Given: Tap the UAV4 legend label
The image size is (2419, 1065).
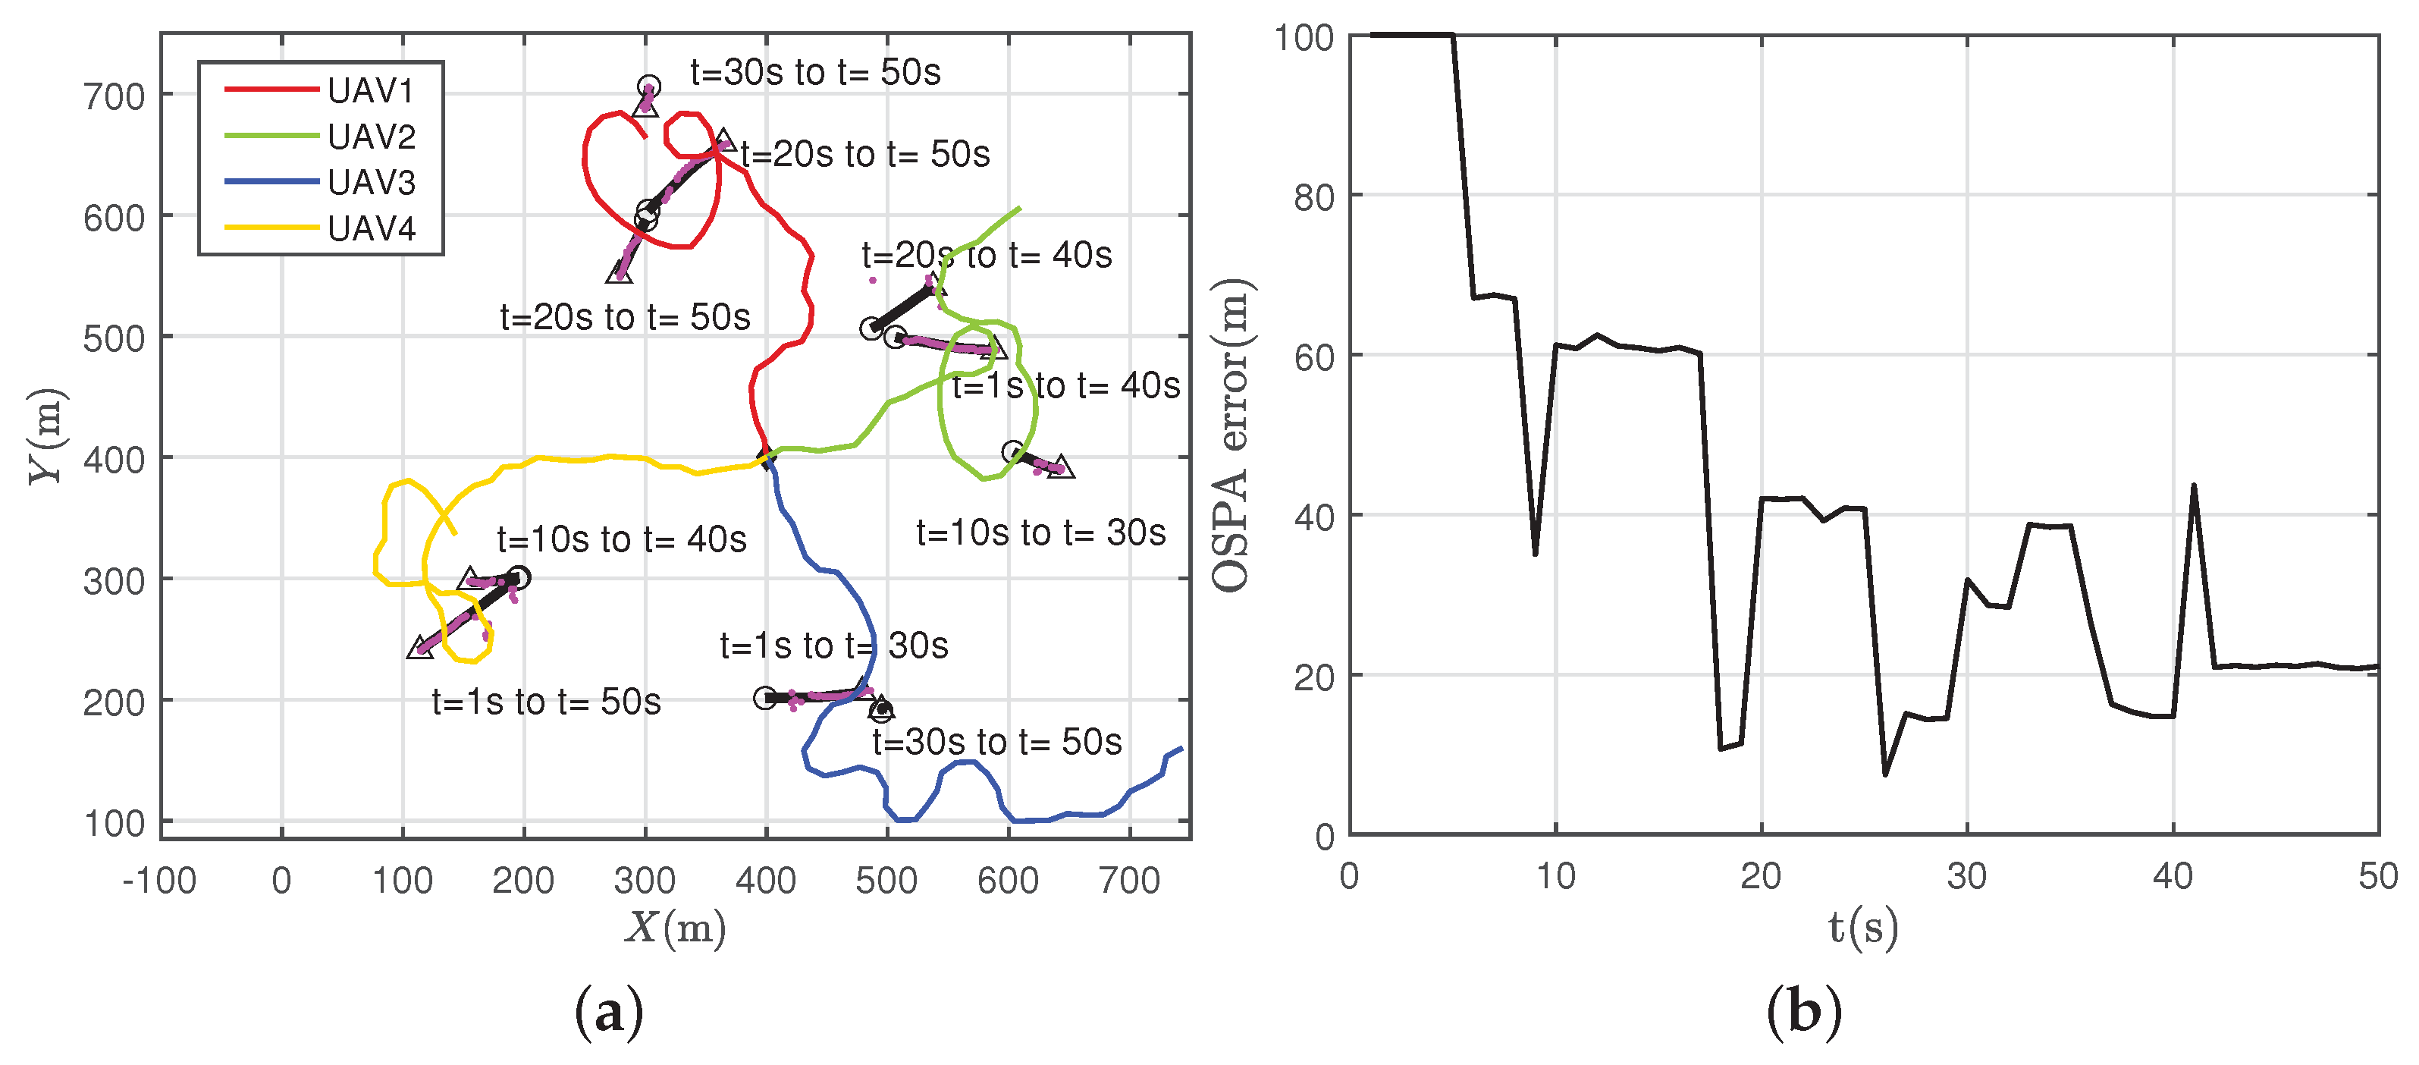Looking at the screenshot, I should click(x=371, y=228).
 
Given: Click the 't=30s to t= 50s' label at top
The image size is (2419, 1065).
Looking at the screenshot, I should click(x=814, y=72).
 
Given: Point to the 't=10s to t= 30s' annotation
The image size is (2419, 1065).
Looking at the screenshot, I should click(x=1040, y=532).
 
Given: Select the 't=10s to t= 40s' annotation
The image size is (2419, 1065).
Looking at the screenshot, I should click(x=622, y=539).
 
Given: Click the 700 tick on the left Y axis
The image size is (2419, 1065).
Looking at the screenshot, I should click(x=114, y=96).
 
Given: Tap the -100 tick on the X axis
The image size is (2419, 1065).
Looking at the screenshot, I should click(x=160, y=881).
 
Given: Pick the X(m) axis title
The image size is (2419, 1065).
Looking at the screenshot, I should click(x=675, y=928).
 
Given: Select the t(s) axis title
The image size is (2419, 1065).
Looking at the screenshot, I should click(x=1863, y=928).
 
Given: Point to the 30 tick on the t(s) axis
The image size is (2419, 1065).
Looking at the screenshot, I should click(x=1966, y=876).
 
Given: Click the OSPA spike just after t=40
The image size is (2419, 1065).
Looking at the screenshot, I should click(x=2194, y=485).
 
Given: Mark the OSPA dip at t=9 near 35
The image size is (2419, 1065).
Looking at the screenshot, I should click(x=1536, y=553).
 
